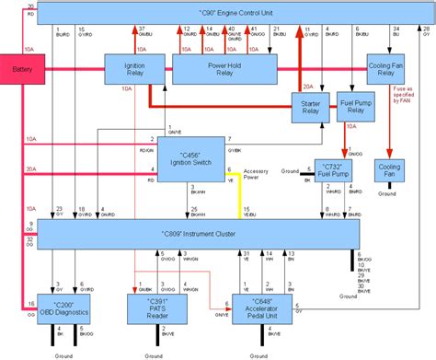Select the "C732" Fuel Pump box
(x=333, y=169)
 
